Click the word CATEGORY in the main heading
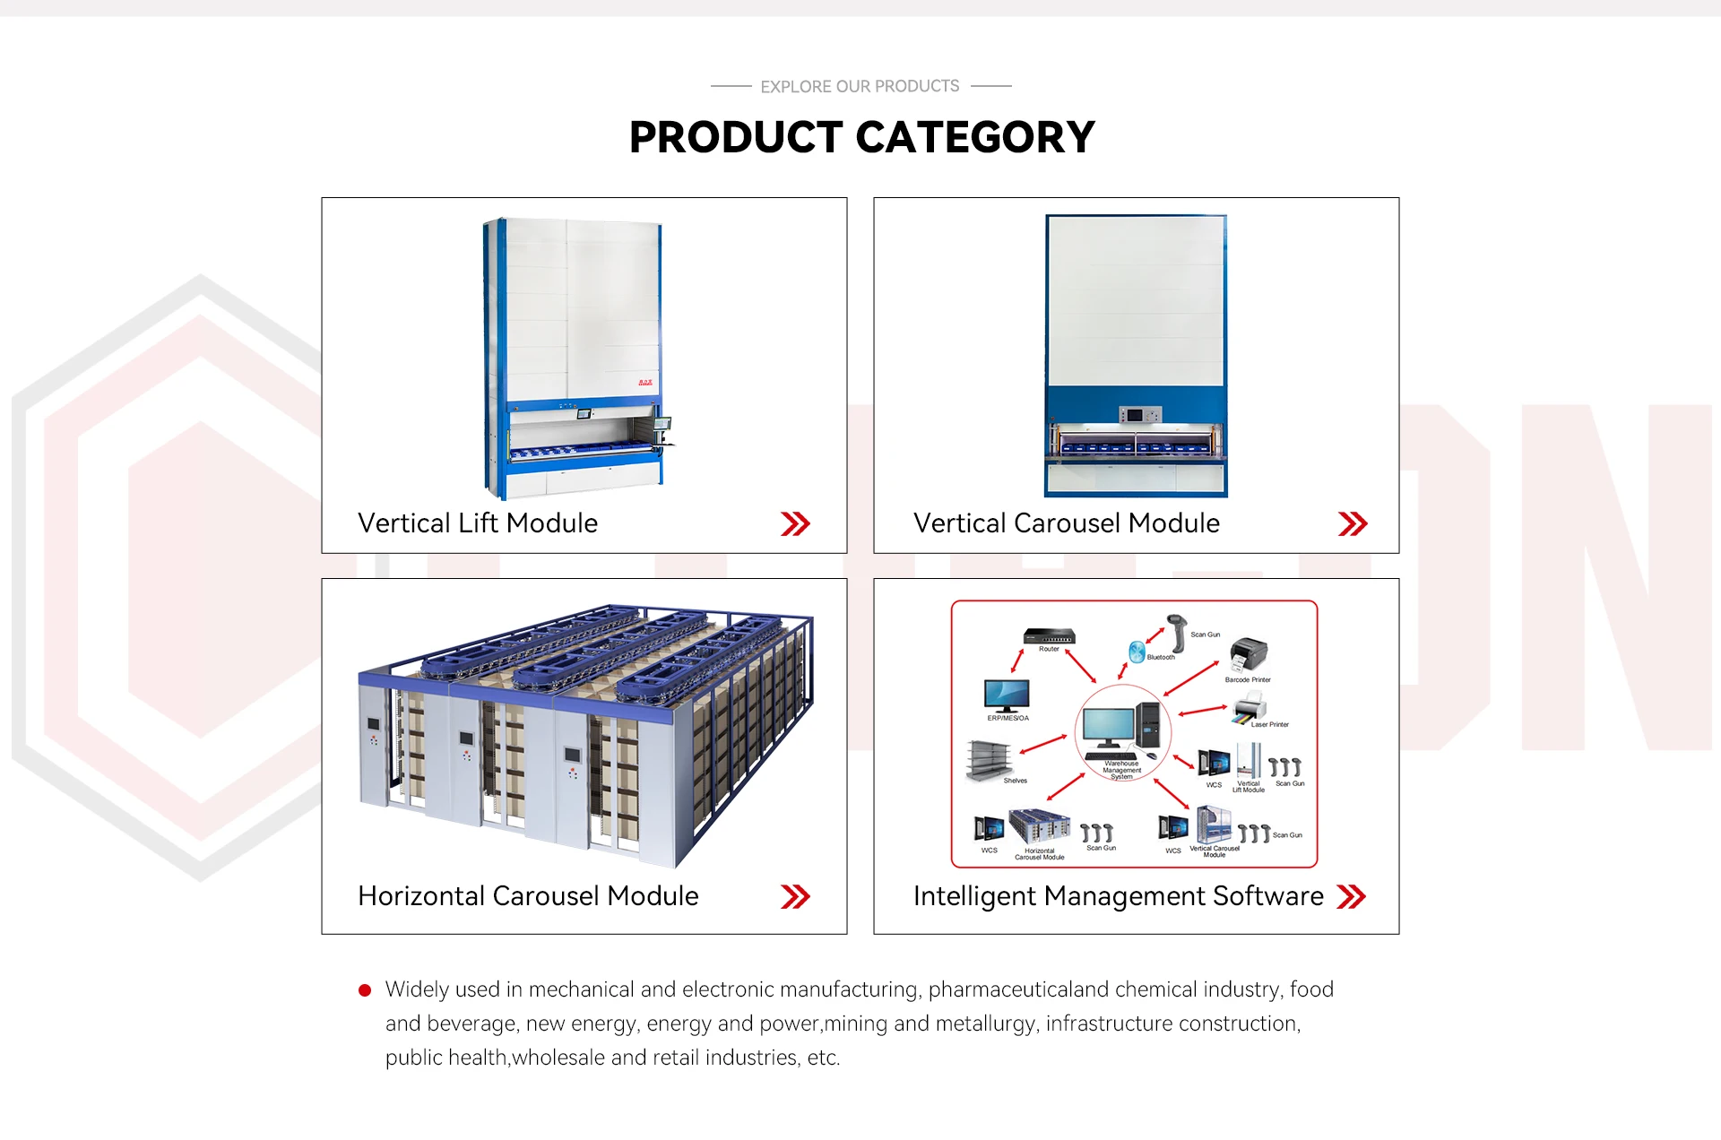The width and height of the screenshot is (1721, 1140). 975,138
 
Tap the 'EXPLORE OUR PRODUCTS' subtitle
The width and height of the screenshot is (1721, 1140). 860,87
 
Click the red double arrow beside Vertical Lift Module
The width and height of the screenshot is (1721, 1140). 795,523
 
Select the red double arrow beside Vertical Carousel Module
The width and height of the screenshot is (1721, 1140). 1352,523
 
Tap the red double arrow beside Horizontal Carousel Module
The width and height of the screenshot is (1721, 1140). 795,896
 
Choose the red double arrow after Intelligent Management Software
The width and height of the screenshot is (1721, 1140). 1351,896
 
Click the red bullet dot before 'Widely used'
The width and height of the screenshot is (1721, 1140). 365,990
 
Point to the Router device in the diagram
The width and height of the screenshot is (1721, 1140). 1049,635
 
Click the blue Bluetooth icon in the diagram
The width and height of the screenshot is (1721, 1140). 1137,652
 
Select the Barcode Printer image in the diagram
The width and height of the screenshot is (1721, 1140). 1248,655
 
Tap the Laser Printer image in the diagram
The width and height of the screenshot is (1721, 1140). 1249,708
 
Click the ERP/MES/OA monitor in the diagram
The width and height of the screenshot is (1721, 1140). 1007,695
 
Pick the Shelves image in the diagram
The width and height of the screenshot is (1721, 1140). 988,760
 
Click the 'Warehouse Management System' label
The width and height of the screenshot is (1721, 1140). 1121,770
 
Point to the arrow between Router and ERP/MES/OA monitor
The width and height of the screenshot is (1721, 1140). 1018,661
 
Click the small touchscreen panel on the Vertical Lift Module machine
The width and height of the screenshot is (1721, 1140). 584,414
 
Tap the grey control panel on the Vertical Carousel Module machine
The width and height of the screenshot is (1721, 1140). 1139,415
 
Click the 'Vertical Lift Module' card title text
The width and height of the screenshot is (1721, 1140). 478,523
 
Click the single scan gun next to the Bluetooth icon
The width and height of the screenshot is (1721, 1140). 1177,632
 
